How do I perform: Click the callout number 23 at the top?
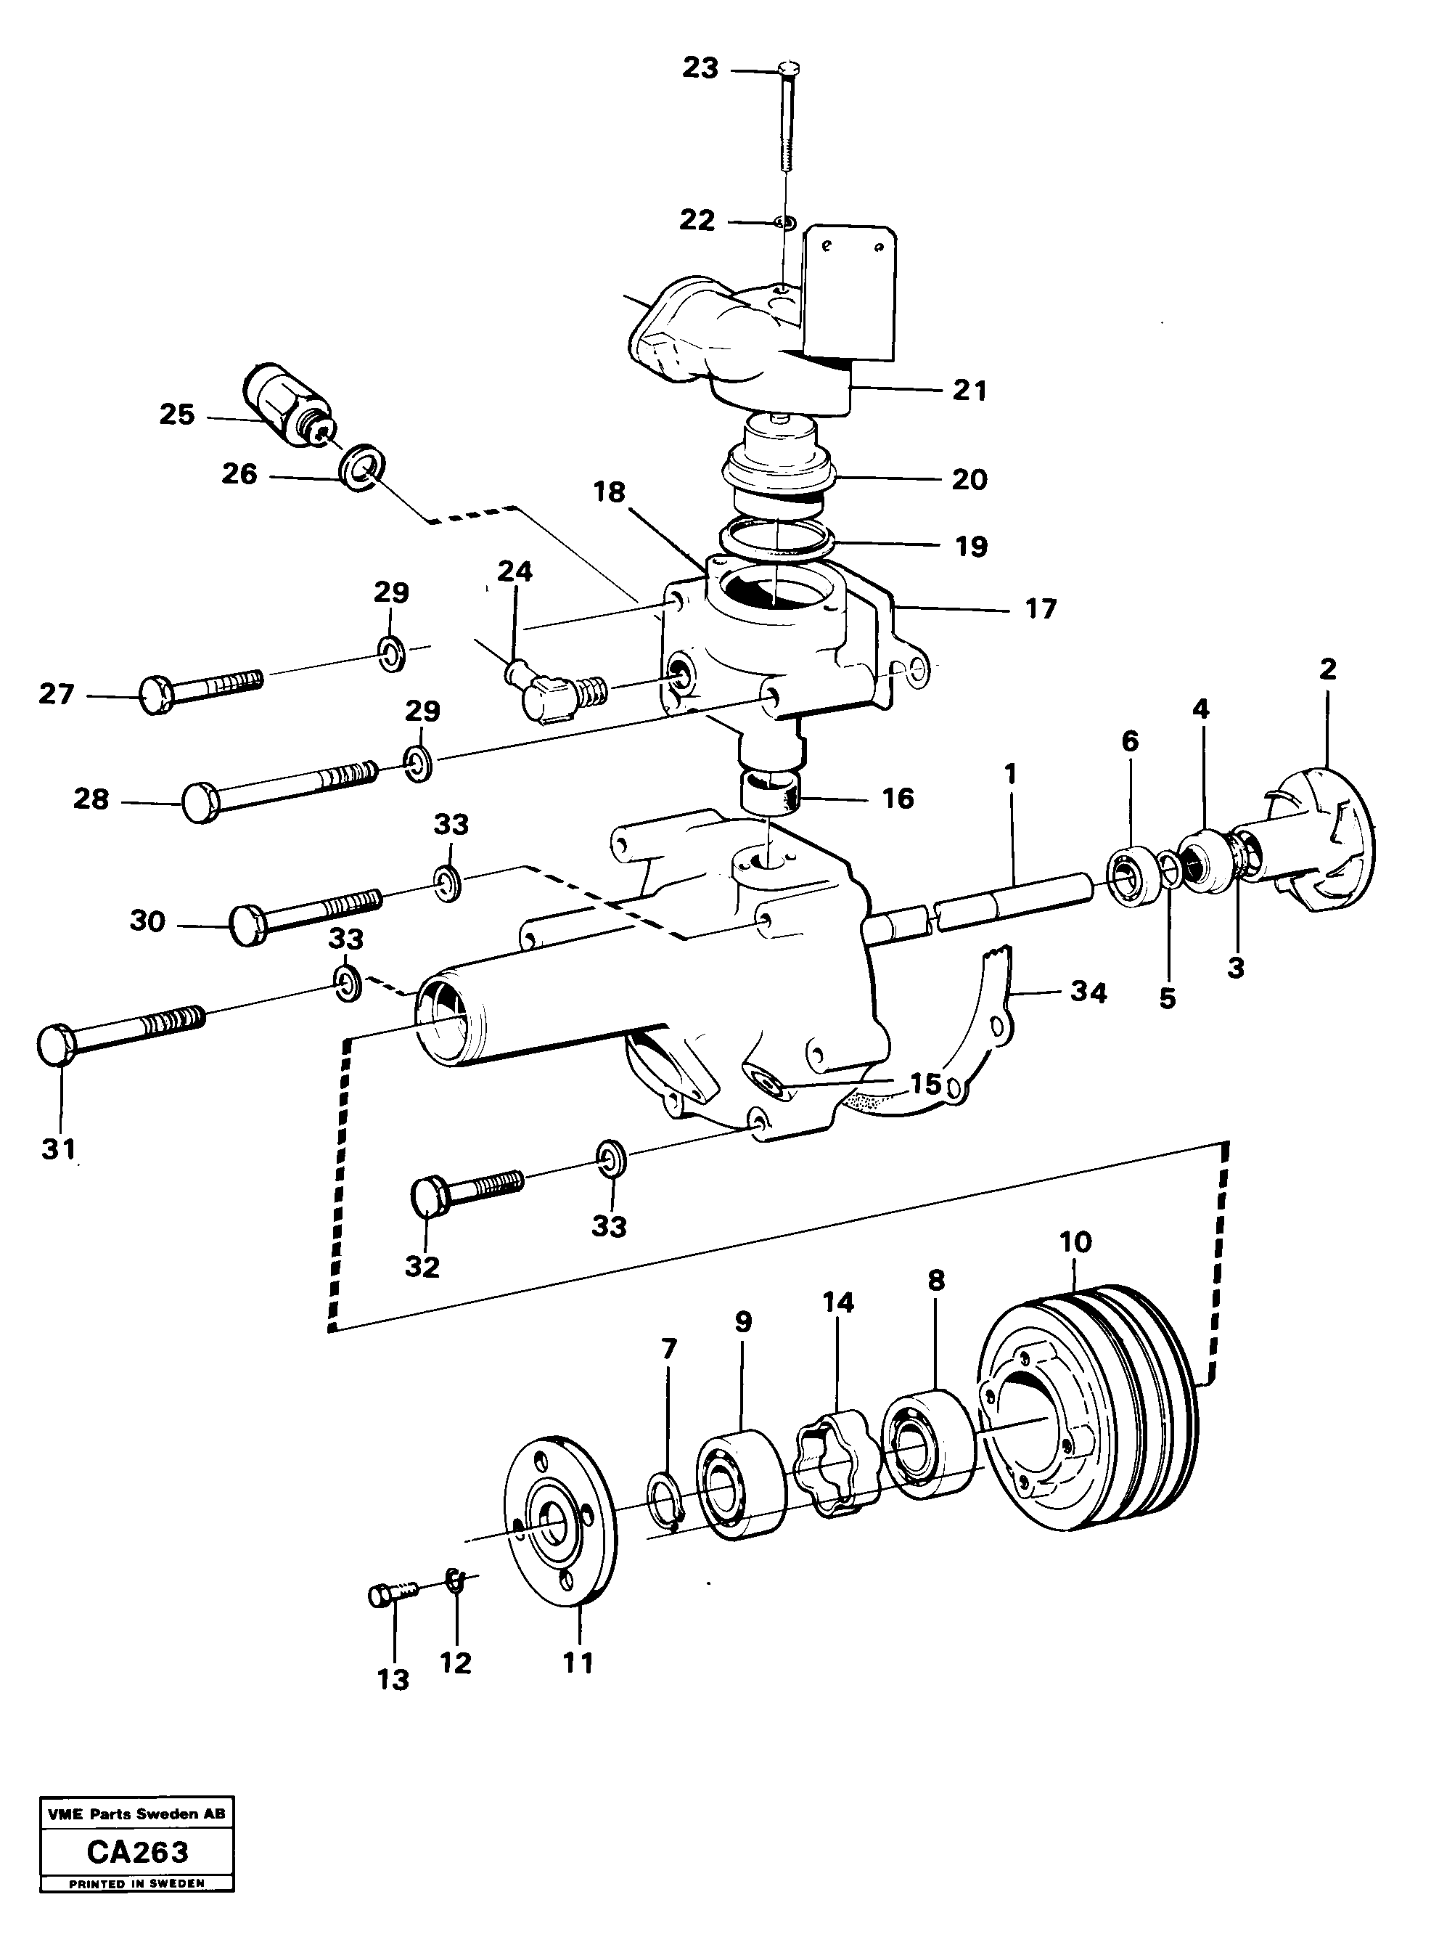(700, 68)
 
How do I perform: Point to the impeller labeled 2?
(1324, 839)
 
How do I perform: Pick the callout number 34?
(1088, 992)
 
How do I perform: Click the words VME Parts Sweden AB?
(136, 1814)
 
